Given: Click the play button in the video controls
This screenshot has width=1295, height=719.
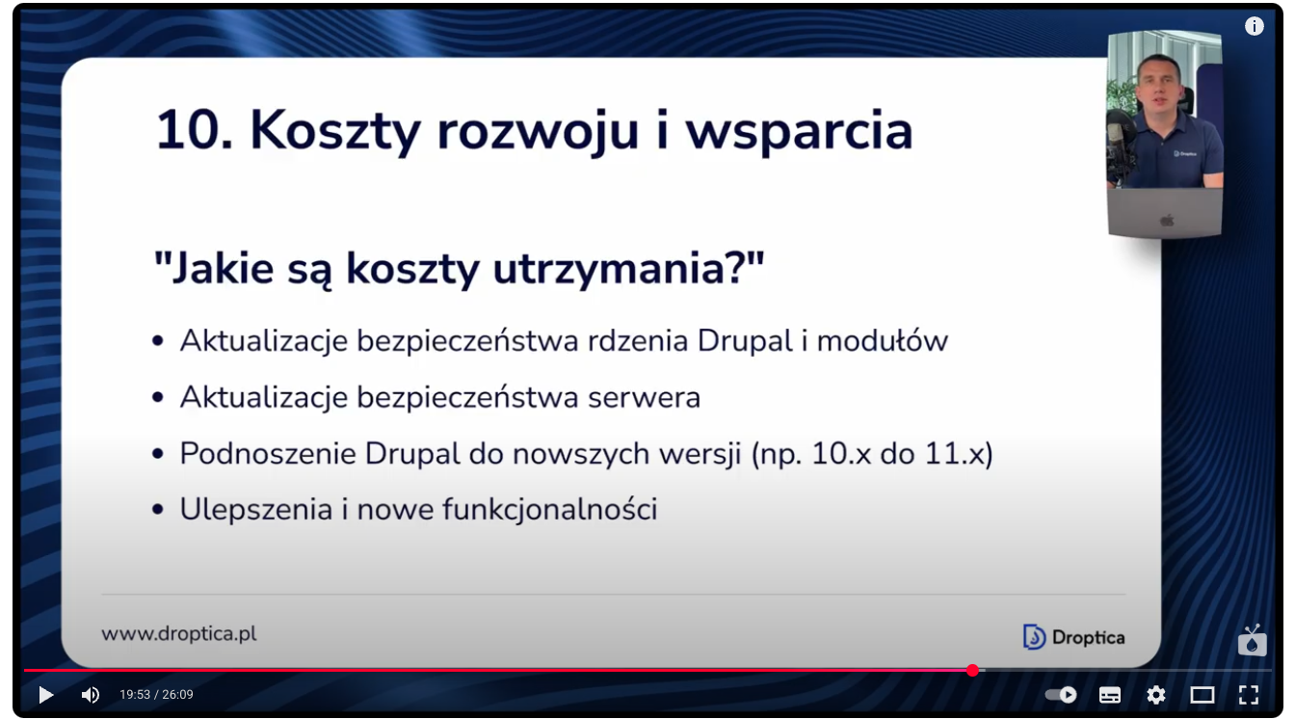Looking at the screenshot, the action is (x=45, y=695).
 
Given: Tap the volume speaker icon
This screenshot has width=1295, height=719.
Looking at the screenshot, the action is (x=91, y=695).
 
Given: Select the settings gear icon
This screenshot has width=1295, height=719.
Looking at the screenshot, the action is (x=1155, y=695).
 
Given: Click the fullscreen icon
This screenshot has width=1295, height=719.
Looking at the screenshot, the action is (x=1249, y=695).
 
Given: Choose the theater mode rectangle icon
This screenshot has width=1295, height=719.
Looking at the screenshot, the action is (x=1202, y=695).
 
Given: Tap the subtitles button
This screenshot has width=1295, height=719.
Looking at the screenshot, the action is (x=1109, y=695).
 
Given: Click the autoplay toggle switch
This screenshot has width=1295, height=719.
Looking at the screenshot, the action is (x=1062, y=694).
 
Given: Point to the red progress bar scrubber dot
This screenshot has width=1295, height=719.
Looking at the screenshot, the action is (x=972, y=671).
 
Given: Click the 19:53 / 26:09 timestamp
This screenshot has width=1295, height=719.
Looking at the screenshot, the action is (x=156, y=694).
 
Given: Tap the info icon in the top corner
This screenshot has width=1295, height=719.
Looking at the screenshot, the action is (x=1254, y=26).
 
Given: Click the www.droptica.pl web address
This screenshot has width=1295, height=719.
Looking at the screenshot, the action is (x=179, y=634).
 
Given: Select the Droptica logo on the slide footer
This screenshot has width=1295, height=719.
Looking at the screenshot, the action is (x=1073, y=637).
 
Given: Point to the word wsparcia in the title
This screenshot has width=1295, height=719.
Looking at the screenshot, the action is (x=799, y=134).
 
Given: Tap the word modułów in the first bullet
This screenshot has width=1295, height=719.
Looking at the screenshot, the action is (x=883, y=340).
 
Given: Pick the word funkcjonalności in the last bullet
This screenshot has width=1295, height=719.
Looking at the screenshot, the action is (x=550, y=510).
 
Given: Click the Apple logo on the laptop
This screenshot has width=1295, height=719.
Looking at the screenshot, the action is (x=1167, y=220).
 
